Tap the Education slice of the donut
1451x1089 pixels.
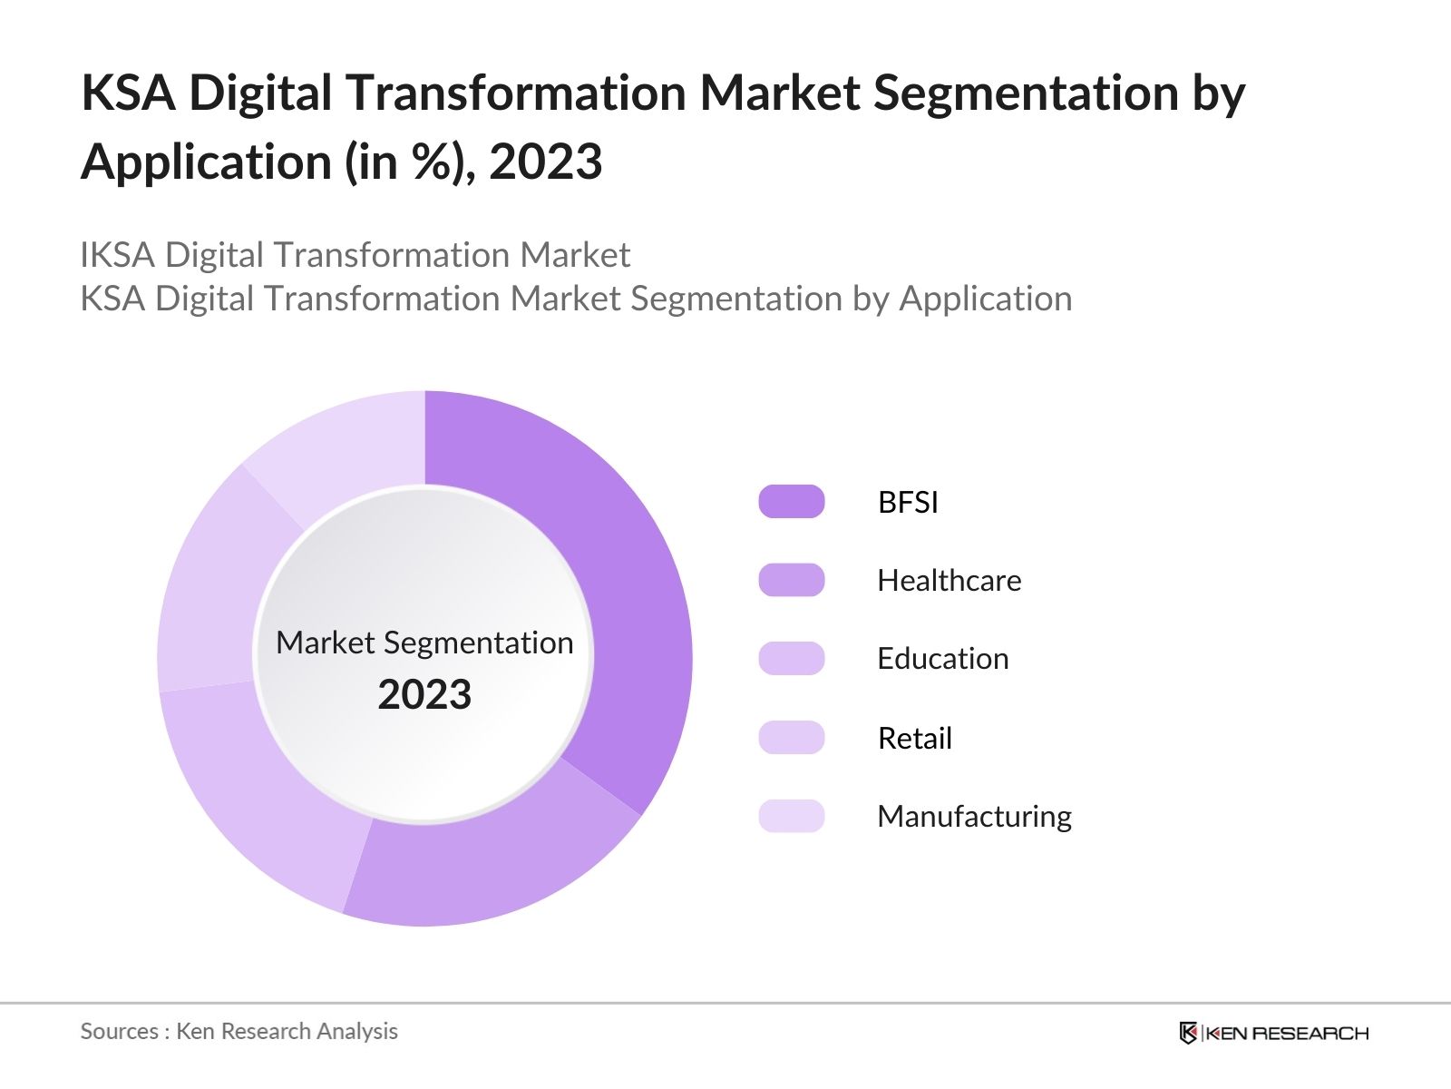tap(263, 799)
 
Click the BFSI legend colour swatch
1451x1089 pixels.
tap(791, 502)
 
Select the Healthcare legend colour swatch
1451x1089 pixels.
tap(791, 580)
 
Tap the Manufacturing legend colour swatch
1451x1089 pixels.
tap(791, 816)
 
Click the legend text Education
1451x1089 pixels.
tap(942, 659)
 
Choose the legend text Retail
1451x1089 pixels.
tap(914, 738)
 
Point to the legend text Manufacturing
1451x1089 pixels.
tap(974, 816)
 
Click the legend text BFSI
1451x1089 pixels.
tap(907, 502)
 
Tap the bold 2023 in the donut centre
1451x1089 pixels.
tap(424, 695)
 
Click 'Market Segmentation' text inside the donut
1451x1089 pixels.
tap(424, 643)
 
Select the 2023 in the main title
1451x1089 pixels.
tap(545, 162)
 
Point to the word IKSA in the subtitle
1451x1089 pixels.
tap(118, 255)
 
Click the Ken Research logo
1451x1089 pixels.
tap(1273, 1033)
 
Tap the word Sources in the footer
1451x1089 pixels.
tap(119, 1031)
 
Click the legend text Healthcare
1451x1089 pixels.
tap(949, 581)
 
